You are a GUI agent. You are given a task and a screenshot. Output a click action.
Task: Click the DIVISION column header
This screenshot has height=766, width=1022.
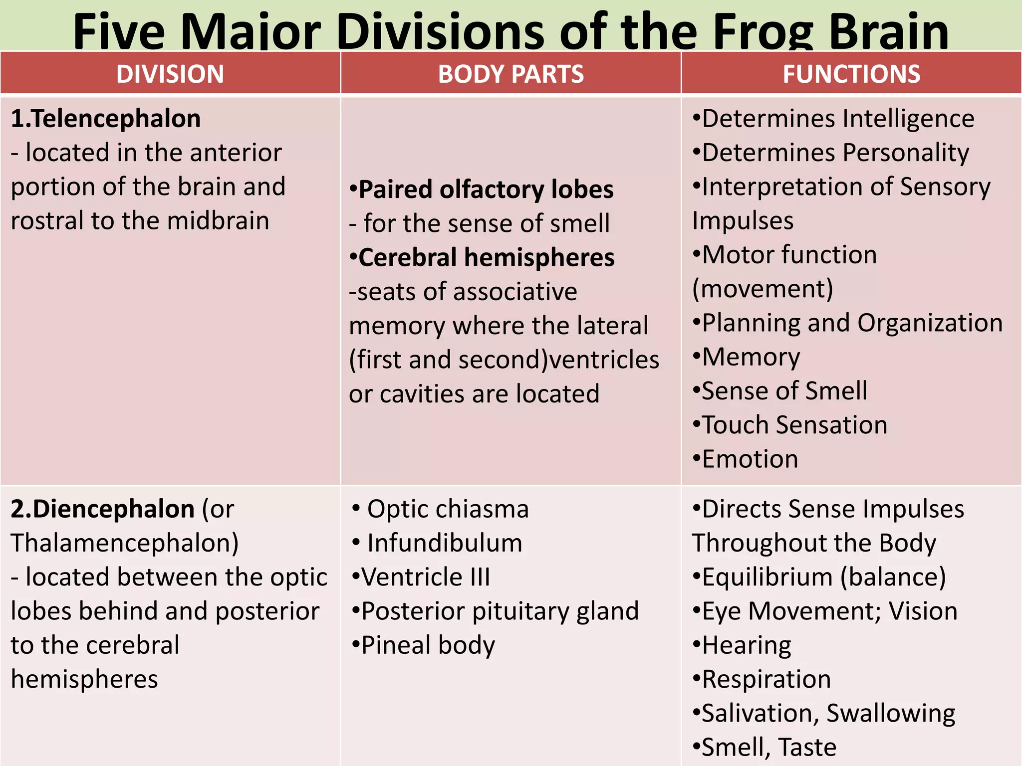(x=170, y=74)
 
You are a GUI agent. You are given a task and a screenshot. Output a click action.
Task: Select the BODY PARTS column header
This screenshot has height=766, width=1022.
(x=511, y=74)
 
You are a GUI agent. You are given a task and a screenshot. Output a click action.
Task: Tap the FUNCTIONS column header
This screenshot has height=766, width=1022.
(x=851, y=74)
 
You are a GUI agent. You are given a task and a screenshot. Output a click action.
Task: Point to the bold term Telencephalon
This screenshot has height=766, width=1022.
(x=116, y=119)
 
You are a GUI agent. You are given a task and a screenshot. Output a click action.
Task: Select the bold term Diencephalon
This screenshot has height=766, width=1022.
(x=114, y=509)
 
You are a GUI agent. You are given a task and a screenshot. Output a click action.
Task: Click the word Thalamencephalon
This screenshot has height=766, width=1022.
(x=124, y=543)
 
